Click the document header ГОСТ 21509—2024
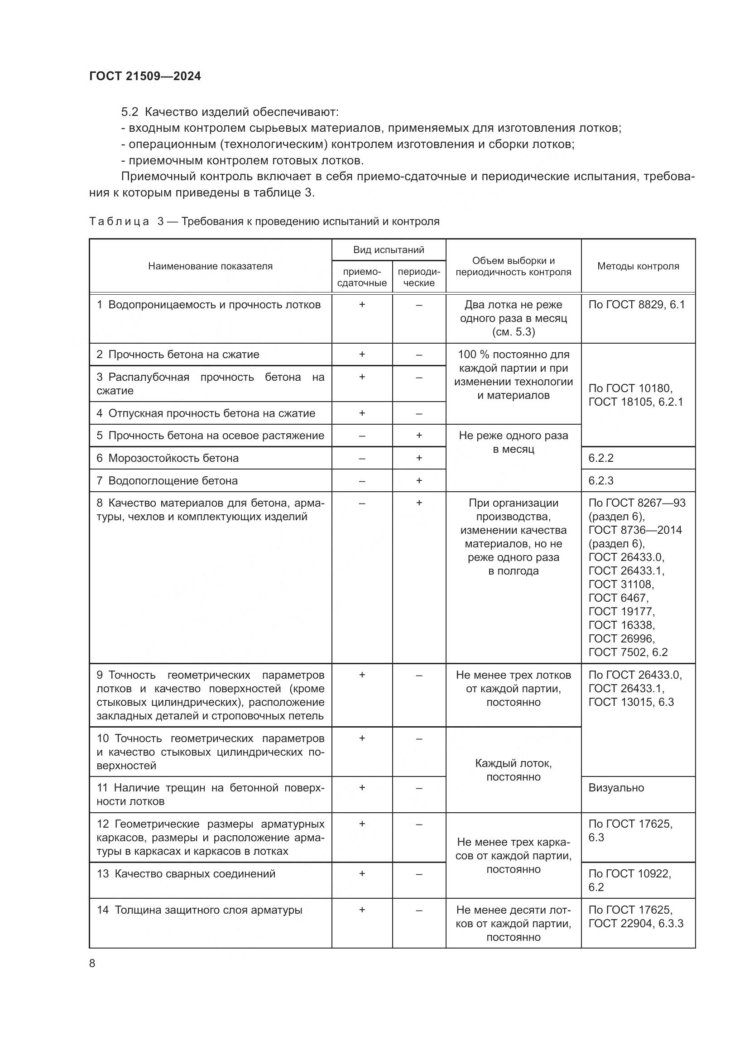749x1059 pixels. pos(145,76)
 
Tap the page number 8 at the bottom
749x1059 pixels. pos(92,963)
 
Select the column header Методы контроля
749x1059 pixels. pos(638,266)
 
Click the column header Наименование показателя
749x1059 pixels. pos(210,266)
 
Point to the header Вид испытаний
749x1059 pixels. pos(389,250)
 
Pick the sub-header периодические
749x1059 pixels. pos(419,277)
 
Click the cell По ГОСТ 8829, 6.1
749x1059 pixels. pos(636,304)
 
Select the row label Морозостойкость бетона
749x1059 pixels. pos(173,458)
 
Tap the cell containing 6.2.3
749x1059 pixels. pos(601,481)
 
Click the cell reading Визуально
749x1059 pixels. pos(616,787)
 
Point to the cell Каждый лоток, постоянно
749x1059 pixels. pos(514,770)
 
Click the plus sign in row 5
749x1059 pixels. pos(419,436)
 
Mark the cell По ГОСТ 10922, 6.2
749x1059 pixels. pos(629,880)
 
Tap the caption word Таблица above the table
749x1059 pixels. pos(120,221)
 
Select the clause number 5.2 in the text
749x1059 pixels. pos(130,112)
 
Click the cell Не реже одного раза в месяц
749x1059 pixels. pos(514,442)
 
